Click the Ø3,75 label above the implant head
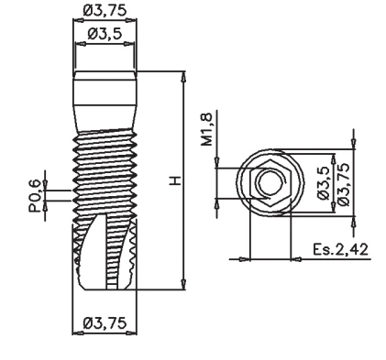tap(105, 11)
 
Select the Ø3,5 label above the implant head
tap(105, 34)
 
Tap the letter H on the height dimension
tap(176, 180)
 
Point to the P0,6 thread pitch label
tap(35, 196)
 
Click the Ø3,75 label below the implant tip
tap(105, 322)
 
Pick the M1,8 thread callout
tap(206, 129)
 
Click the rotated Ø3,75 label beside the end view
tap(342, 184)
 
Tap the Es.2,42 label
tap(340, 249)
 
